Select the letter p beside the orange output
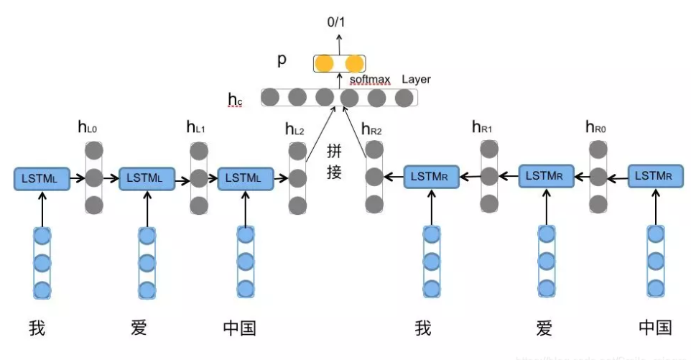click(282, 60)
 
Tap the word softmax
click(371, 79)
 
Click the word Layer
click(416, 79)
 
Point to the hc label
click(235, 99)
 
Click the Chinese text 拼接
click(335, 162)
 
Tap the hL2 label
click(295, 129)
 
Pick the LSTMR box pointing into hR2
click(432, 176)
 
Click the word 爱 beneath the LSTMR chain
click(544, 328)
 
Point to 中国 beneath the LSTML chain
click(239, 328)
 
